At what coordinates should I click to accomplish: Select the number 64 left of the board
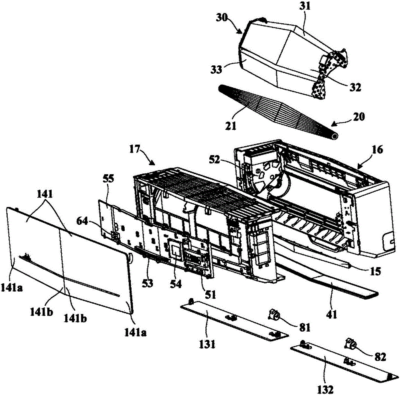(x=92, y=219)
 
